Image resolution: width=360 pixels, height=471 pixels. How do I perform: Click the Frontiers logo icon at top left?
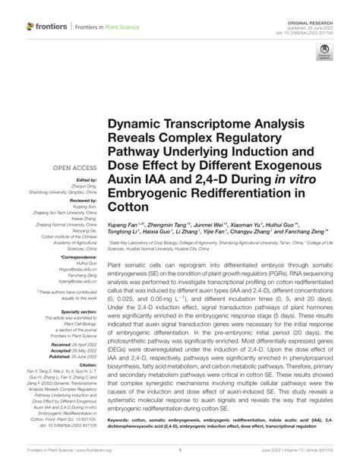pyautogui.click(x=31, y=27)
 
